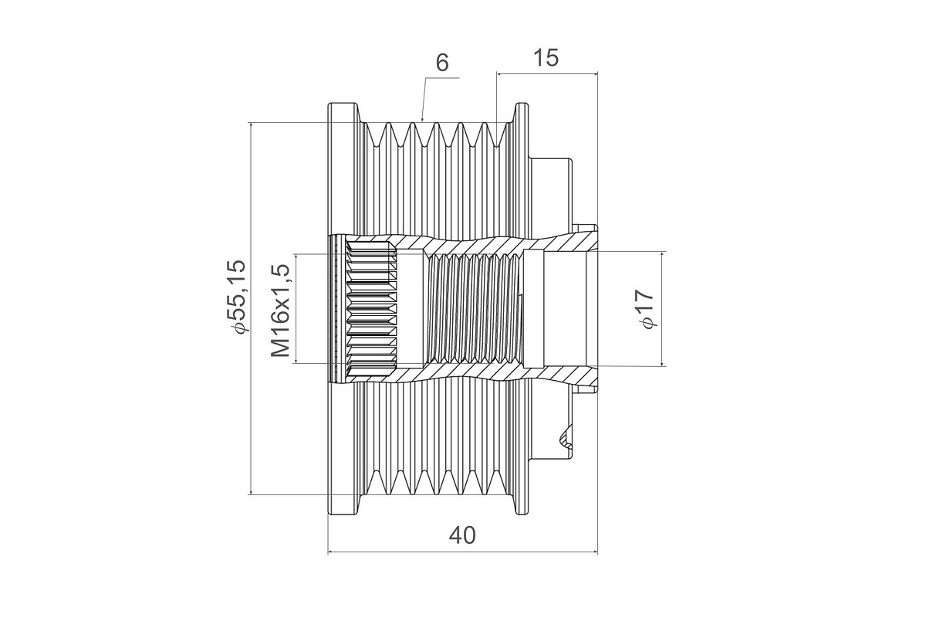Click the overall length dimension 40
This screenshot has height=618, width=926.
pyautogui.click(x=462, y=535)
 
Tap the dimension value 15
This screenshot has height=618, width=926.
pyautogui.click(x=546, y=58)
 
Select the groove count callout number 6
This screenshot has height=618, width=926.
pyautogui.click(x=442, y=63)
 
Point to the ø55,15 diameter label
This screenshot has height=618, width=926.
pyautogui.click(x=236, y=297)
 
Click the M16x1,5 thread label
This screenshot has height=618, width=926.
pyautogui.click(x=280, y=311)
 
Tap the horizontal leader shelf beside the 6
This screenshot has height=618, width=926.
pyautogui.click(x=442, y=77)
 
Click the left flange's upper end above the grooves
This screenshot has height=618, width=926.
pyautogui.click(x=343, y=112)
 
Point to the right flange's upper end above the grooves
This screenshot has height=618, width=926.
pyautogui.click(x=522, y=112)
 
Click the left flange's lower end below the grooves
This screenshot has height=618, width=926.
pyautogui.click(x=343, y=504)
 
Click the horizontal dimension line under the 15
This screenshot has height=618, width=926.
pyautogui.click(x=547, y=74)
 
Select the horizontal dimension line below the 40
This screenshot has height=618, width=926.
pyautogui.click(x=462, y=552)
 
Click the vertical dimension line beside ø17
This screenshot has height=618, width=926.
pyautogui.click(x=662, y=309)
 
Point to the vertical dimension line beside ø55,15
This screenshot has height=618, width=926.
pyautogui.click(x=251, y=308)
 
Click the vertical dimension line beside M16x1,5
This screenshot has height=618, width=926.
pyautogui.click(x=296, y=308)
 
